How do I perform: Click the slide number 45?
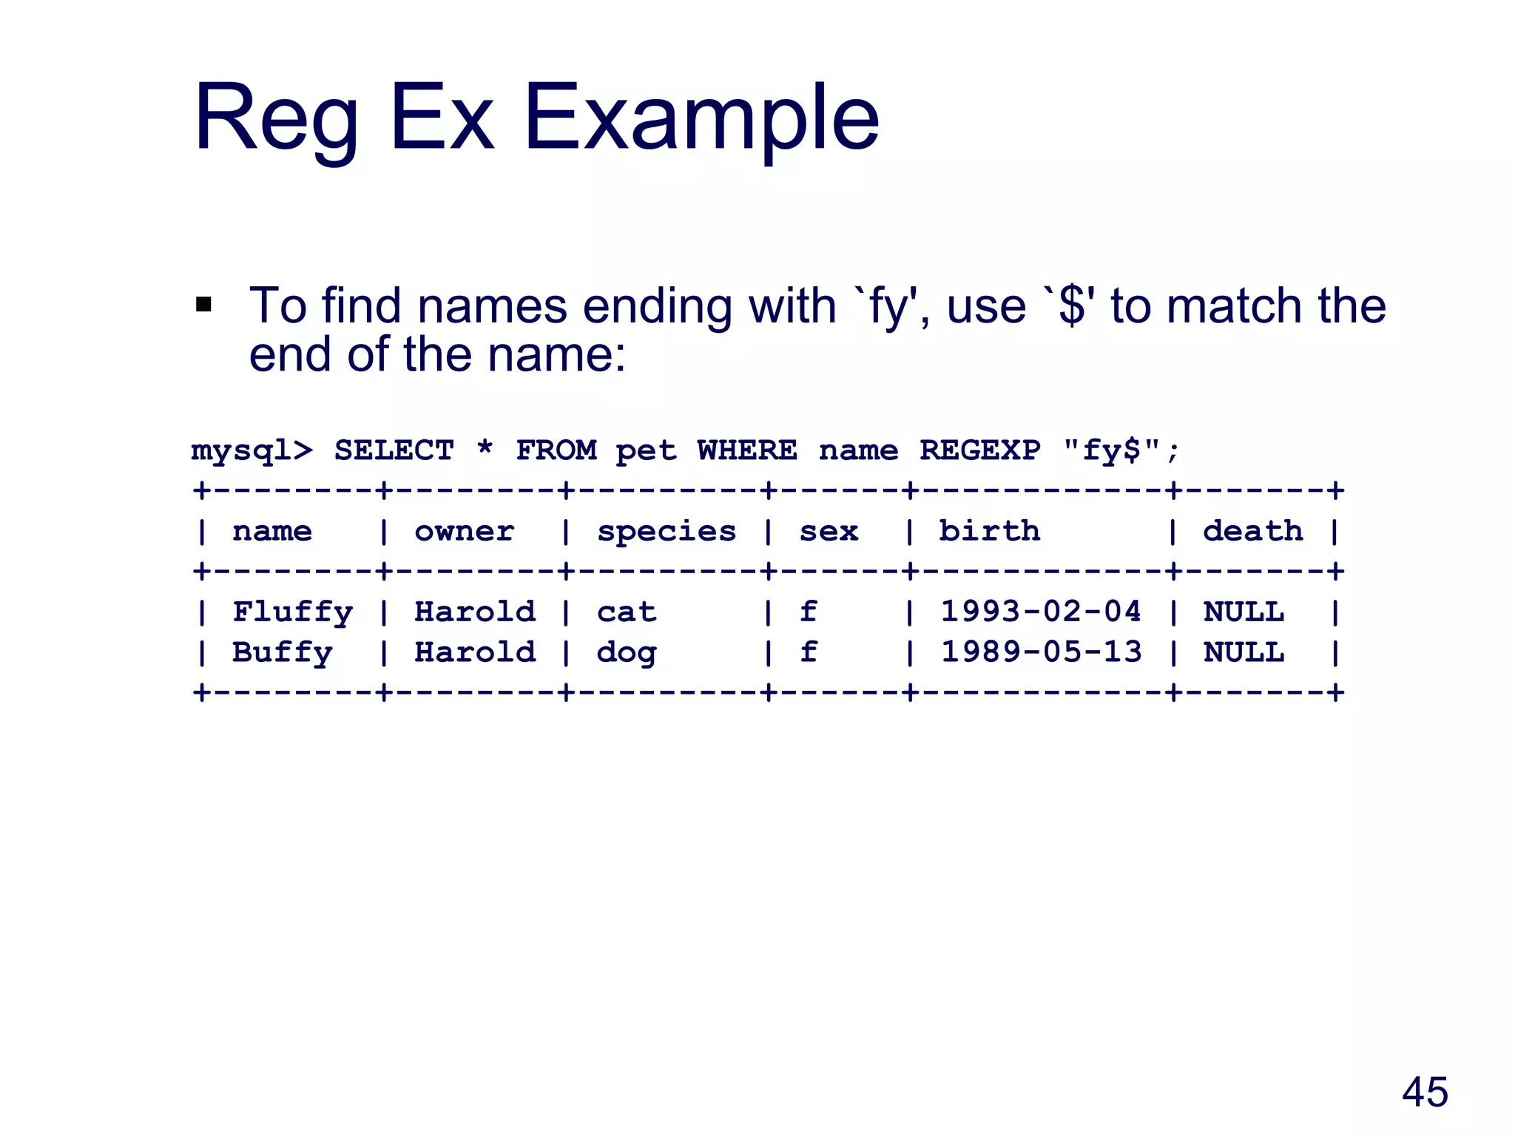click(1425, 1092)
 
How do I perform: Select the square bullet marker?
click(203, 305)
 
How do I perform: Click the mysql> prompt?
click(252, 450)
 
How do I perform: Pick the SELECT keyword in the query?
click(394, 450)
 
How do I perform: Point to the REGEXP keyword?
click(979, 450)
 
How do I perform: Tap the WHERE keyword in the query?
click(747, 450)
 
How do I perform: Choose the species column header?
click(667, 532)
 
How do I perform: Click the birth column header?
click(989, 532)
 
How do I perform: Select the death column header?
click(1252, 532)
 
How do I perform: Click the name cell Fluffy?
click(293, 612)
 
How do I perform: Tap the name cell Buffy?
click(283, 653)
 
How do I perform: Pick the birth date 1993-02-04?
click(1041, 612)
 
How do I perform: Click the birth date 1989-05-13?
click(1041, 653)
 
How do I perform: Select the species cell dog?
click(627, 653)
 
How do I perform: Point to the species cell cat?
click(627, 612)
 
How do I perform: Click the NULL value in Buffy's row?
click(1244, 653)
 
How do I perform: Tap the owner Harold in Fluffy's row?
click(475, 612)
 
